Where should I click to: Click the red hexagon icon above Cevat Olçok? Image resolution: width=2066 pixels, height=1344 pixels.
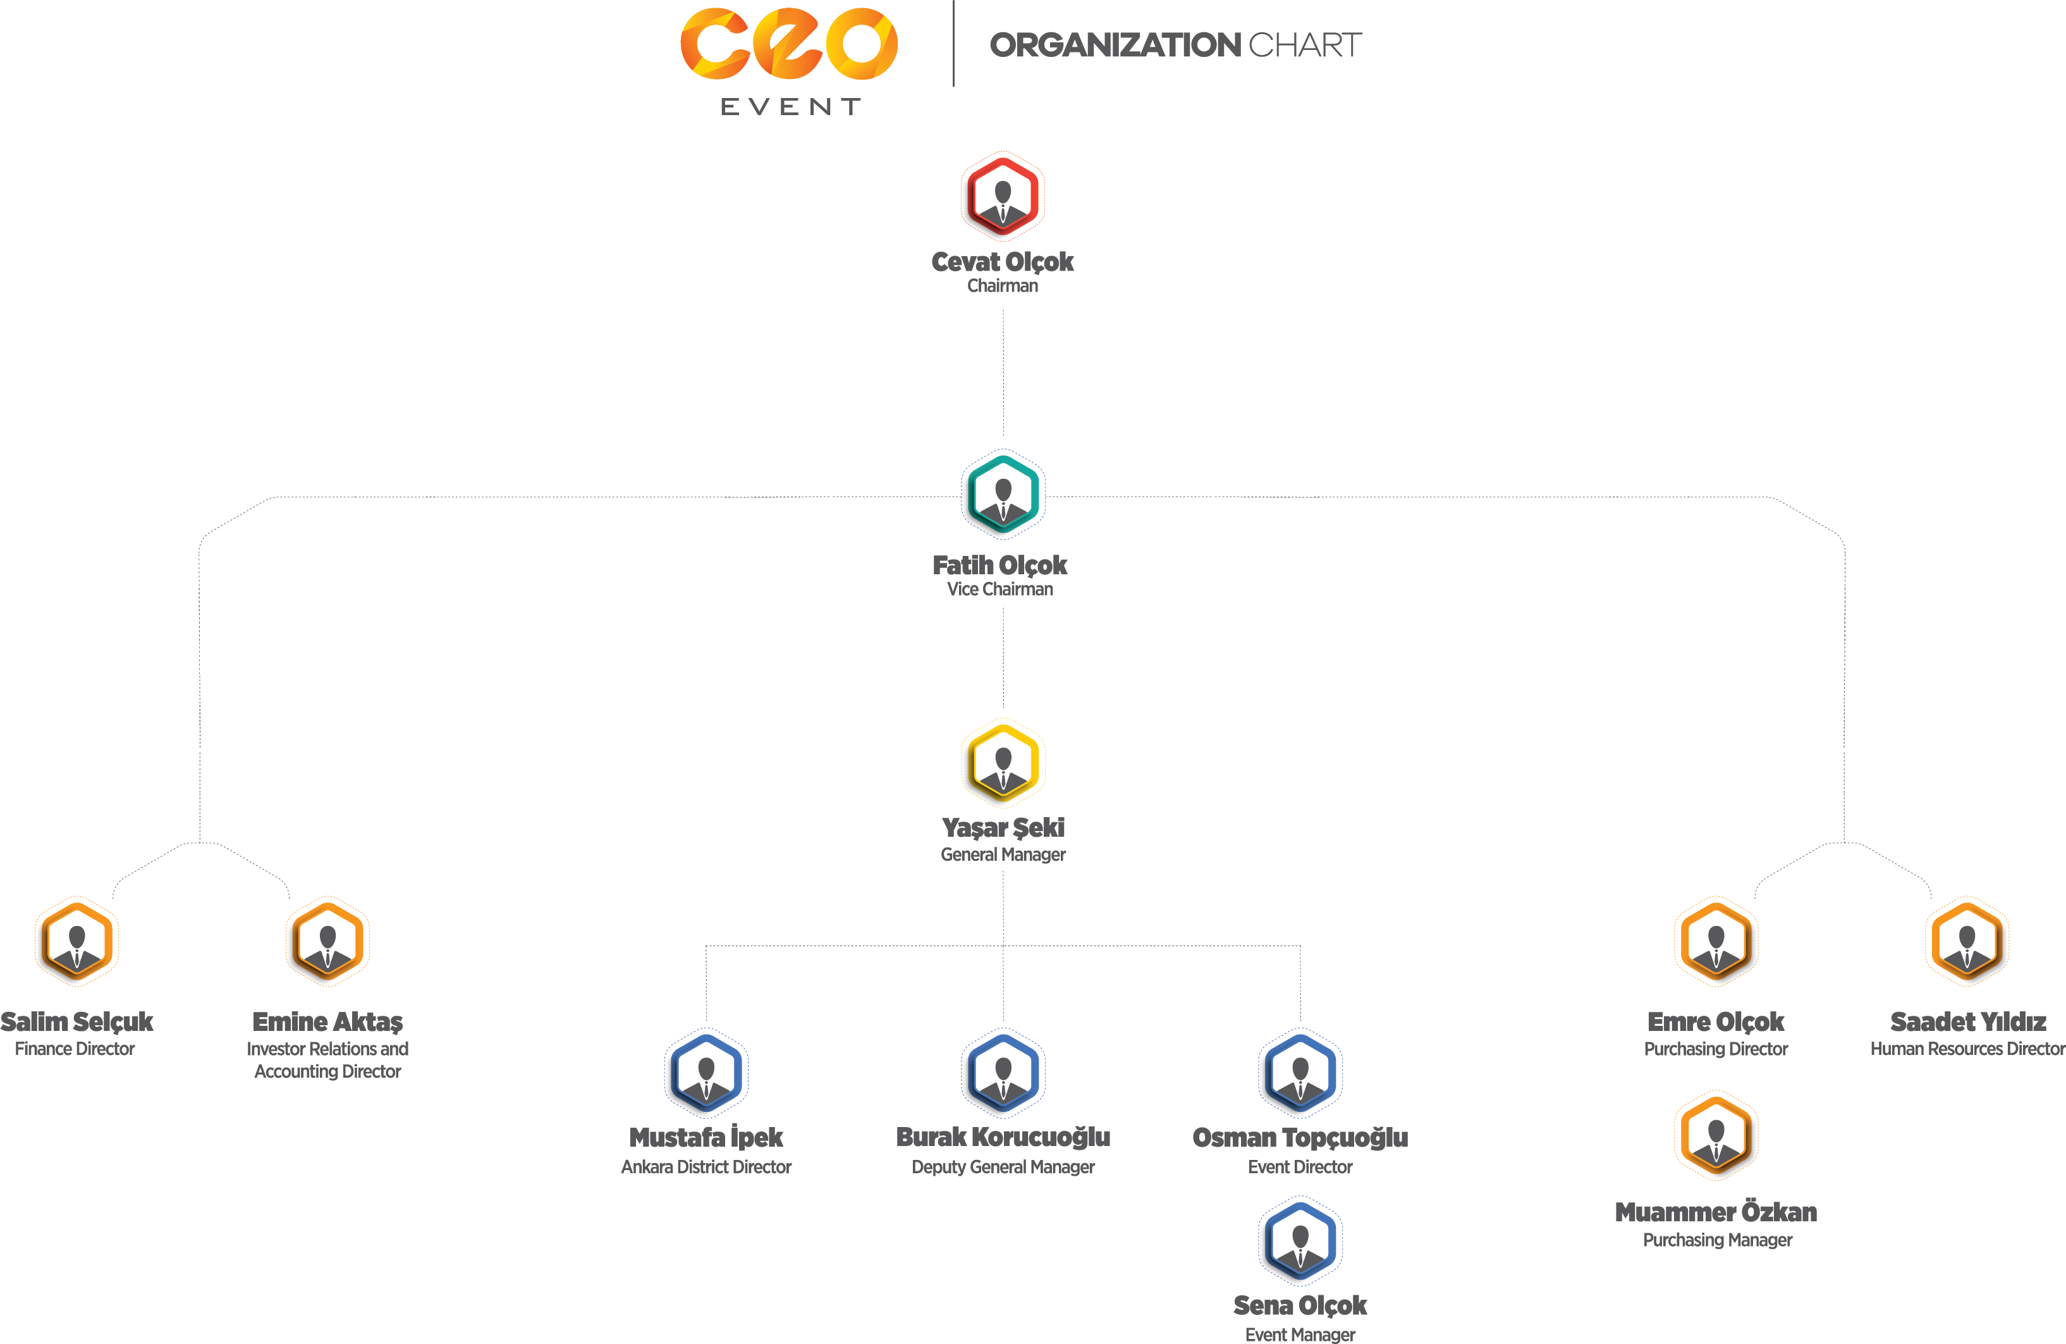coord(1003,196)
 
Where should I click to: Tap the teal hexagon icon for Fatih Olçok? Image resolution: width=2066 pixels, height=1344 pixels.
coord(1003,495)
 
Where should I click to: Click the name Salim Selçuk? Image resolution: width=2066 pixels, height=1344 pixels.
coord(77,1022)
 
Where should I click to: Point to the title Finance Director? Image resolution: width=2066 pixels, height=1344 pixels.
coord(75,1049)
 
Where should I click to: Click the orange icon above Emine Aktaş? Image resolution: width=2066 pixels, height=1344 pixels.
coord(327,942)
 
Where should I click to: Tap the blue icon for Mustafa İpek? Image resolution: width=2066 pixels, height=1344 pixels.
coord(706,1073)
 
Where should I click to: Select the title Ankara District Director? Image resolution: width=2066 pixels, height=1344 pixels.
coord(706,1167)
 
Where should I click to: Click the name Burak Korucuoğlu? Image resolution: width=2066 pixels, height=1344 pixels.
coord(1003,1137)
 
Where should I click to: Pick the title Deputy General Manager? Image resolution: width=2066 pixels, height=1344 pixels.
coord(1003,1167)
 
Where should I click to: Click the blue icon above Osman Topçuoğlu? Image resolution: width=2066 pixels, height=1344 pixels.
coord(1300,1073)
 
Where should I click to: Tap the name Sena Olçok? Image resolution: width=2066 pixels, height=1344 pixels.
coord(1300,1306)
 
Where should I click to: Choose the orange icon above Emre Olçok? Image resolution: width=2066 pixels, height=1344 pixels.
coord(1715,942)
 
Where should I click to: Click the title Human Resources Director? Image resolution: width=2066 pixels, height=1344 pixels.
coord(1967,1049)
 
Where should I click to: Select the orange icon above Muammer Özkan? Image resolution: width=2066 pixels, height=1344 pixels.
coord(1715,1136)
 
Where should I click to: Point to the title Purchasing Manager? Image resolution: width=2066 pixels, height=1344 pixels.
coord(1717,1240)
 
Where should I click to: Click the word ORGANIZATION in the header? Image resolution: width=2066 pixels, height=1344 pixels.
coord(1115,45)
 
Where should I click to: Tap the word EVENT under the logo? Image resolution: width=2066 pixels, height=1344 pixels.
coord(790,107)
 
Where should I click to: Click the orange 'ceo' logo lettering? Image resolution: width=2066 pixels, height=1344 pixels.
coord(788,44)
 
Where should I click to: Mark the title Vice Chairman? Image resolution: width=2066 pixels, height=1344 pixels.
coord(1000,589)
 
